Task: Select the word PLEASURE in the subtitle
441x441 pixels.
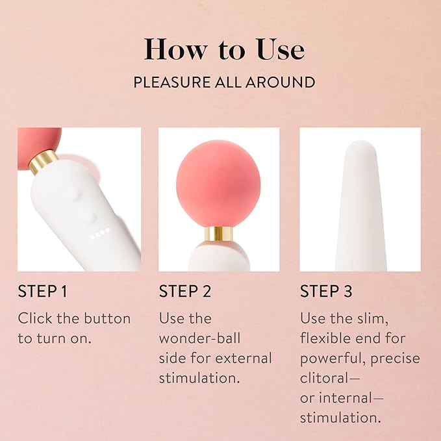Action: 171,82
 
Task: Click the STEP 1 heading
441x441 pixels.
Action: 43,291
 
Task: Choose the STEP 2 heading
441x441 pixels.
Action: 185,291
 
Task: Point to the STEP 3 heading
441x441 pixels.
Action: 326,291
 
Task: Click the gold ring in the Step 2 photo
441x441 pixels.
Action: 218,233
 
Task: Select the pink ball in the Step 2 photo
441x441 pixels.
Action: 218,184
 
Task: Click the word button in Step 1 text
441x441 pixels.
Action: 107,319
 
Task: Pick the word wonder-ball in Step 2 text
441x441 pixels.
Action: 199,338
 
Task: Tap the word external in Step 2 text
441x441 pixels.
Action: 244,359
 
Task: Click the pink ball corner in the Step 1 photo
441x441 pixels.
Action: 37,145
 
